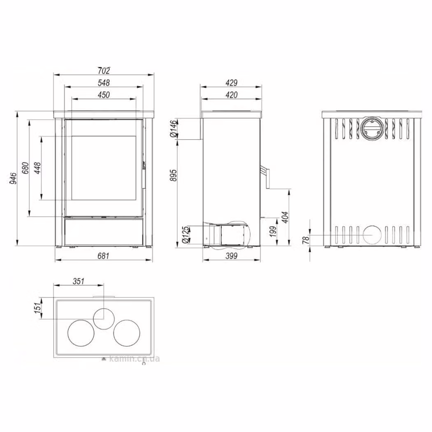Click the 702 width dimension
(x=104, y=71)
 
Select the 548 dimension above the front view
(x=104, y=83)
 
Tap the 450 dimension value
(x=104, y=95)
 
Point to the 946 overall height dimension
(x=13, y=178)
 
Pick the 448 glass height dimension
(x=37, y=168)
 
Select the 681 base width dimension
(x=104, y=255)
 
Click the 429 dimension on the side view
(x=231, y=83)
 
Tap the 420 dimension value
(x=231, y=95)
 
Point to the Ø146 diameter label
(x=173, y=128)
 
